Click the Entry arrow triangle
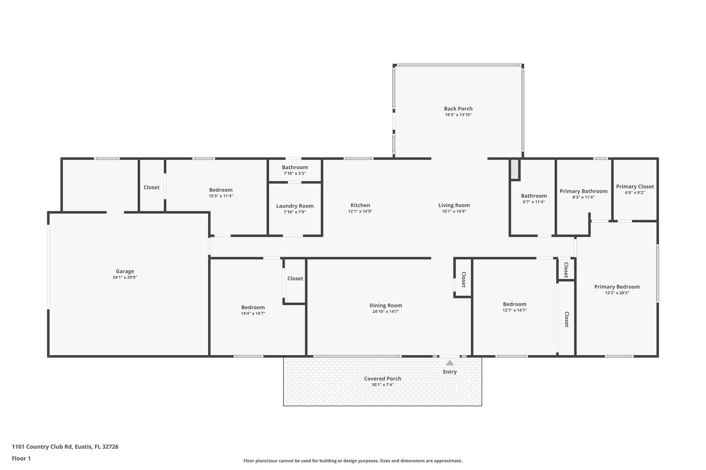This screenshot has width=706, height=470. pyautogui.click(x=450, y=363)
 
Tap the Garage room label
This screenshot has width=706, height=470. pyautogui.click(x=125, y=271)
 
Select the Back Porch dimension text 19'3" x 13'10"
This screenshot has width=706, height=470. pyautogui.click(x=458, y=115)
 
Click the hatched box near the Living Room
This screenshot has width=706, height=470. pyautogui.click(x=514, y=169)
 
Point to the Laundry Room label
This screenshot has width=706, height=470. pyautogui.click(x=295, y=206)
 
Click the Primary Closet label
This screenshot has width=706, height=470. pyautogui.click(x=635, y=187)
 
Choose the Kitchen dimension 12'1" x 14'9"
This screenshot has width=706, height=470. pyautogui.click(x=360, y=211)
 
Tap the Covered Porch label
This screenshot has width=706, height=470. pyautogui.click(x=383, y=379)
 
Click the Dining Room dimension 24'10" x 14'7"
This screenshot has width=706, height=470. pyautogui.click(x=385, y=312)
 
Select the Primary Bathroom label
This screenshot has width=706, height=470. pyautogui.click(x=583, y=191)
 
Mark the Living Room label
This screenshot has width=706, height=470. pyautogui.click(x=454, y=205)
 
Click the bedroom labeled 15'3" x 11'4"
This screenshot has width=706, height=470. pyautogui.click(x=221, y=190)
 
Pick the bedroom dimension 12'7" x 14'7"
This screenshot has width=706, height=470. pyautogui.click(x=514, y=310)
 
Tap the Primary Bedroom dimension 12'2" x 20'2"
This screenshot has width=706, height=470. pyautogui.click(x=617, y=293)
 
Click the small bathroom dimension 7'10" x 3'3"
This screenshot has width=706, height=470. pyautogui.click(x=294, y=174)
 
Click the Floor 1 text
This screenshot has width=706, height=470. pyautogui.click(x=21, y=458)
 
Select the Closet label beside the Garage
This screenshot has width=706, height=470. pyautogui.click(x=151, y=187)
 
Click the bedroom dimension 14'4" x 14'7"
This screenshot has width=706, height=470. pyautogui.click(x=253, y=314)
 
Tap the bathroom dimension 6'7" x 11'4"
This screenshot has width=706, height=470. pyautogui.click(x=534, y=202)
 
